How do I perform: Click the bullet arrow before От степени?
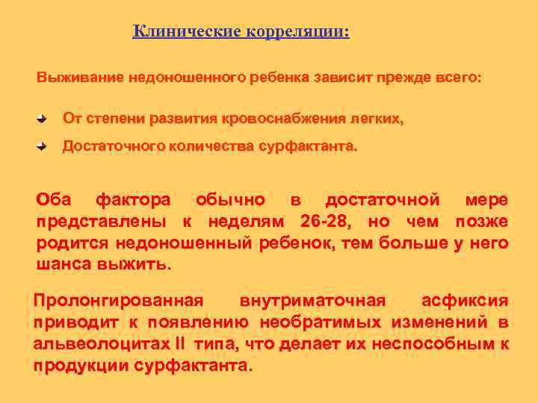(43, 119)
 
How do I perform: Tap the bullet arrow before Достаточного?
(43, 147)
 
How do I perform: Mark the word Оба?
(54, 200)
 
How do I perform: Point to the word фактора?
(133, 200)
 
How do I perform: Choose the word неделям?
(239, 222)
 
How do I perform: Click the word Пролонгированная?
(118, 301)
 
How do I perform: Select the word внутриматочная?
(312, 301)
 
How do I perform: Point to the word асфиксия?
(465, 301)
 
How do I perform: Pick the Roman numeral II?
(180, 344)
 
